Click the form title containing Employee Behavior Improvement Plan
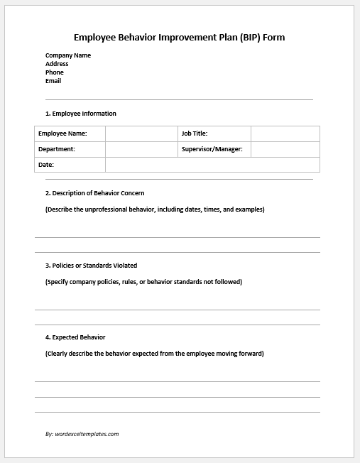coord(180,37)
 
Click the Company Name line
coord(68,55)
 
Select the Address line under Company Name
coord(57,64)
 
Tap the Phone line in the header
coord(55,72)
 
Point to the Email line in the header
coord(53,81)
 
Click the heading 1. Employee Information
coord(81,114)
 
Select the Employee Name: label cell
coord(70,134)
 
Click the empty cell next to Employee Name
coord(141,134)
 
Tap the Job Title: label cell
coord(214,134)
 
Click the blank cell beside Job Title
coord(285,134)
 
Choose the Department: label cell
coord(70,149)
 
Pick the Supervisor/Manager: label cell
coord(214,149)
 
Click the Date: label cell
coord(70,165)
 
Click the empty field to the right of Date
coord(212,165)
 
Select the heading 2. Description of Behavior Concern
coord(95,193)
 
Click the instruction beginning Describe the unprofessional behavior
coord(155,209)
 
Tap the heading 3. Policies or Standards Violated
coord(92,266)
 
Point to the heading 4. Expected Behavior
coord(75,337)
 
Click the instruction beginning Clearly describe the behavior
coord(154,354)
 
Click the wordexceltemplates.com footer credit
coord(82,433)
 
